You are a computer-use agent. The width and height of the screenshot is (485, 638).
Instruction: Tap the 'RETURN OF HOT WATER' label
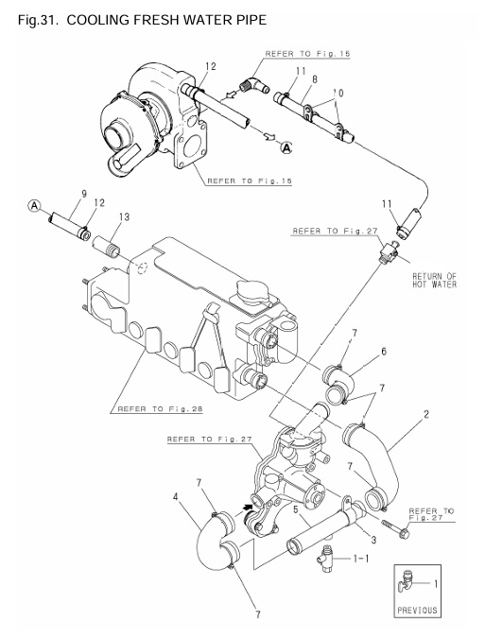(434, 282)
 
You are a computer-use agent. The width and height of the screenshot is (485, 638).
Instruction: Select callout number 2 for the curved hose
(428, 415)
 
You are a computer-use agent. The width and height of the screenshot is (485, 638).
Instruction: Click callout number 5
(297, 510)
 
